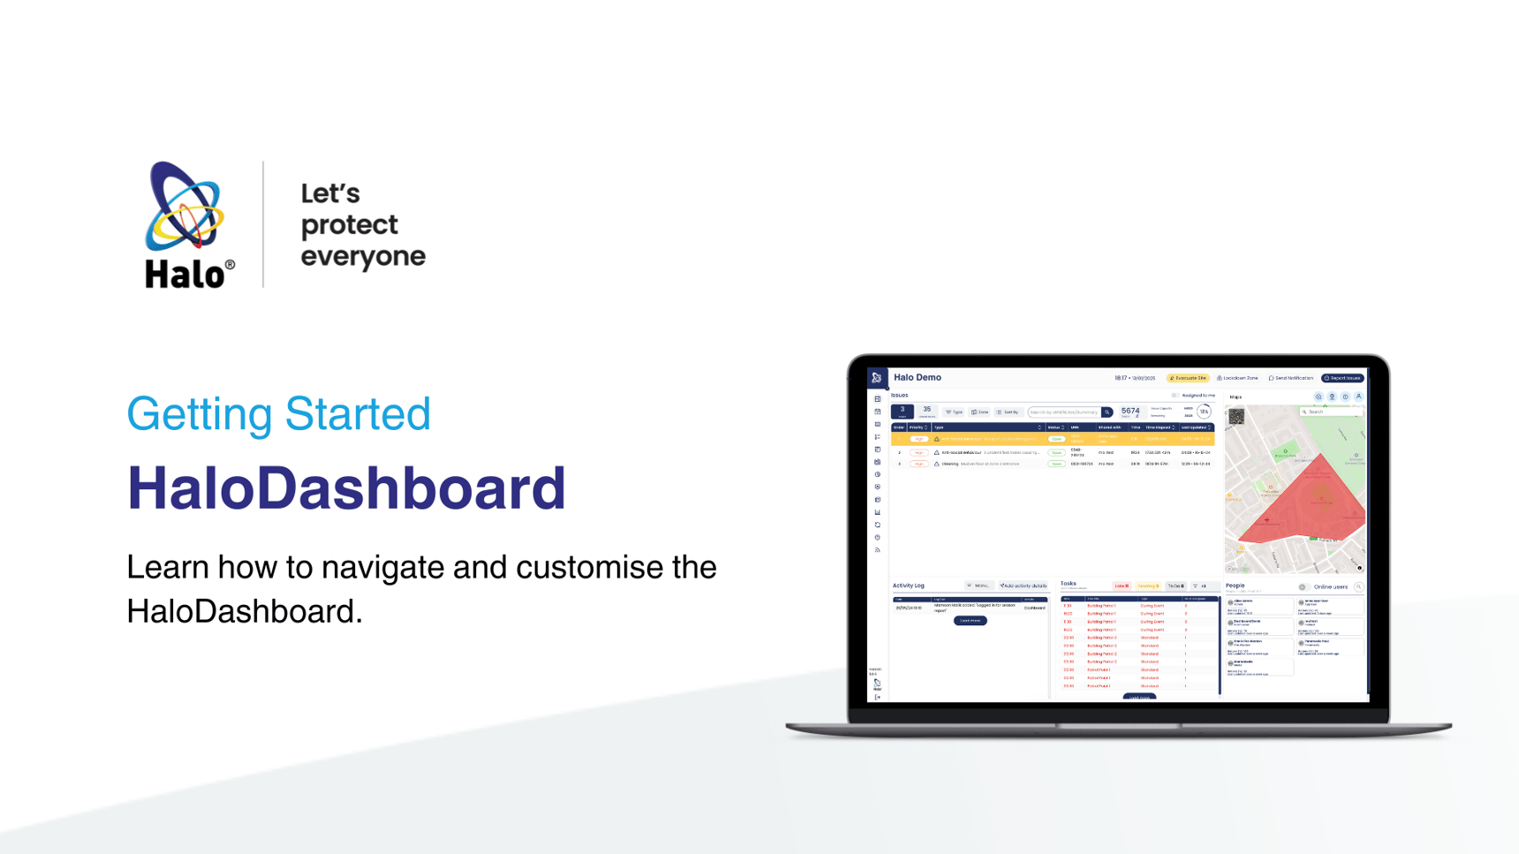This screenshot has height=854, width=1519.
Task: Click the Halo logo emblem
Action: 185,208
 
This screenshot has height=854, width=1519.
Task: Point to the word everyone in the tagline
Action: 363,256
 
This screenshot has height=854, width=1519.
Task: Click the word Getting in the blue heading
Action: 199,414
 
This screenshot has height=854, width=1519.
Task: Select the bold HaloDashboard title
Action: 346,487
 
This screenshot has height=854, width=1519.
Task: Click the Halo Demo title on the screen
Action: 918,377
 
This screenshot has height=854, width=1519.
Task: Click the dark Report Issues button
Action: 1342,378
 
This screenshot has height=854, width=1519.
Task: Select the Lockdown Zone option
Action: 1238,378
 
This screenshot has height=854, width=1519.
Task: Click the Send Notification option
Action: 1291,378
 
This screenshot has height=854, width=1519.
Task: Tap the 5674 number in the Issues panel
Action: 1130,411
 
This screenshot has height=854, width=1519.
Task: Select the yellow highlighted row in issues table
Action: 1051,439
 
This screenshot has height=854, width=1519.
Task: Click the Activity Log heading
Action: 908,586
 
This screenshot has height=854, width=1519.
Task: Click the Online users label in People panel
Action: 1330,586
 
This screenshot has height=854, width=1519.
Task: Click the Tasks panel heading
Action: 1069,584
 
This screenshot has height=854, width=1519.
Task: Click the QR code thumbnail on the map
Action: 1236,417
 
